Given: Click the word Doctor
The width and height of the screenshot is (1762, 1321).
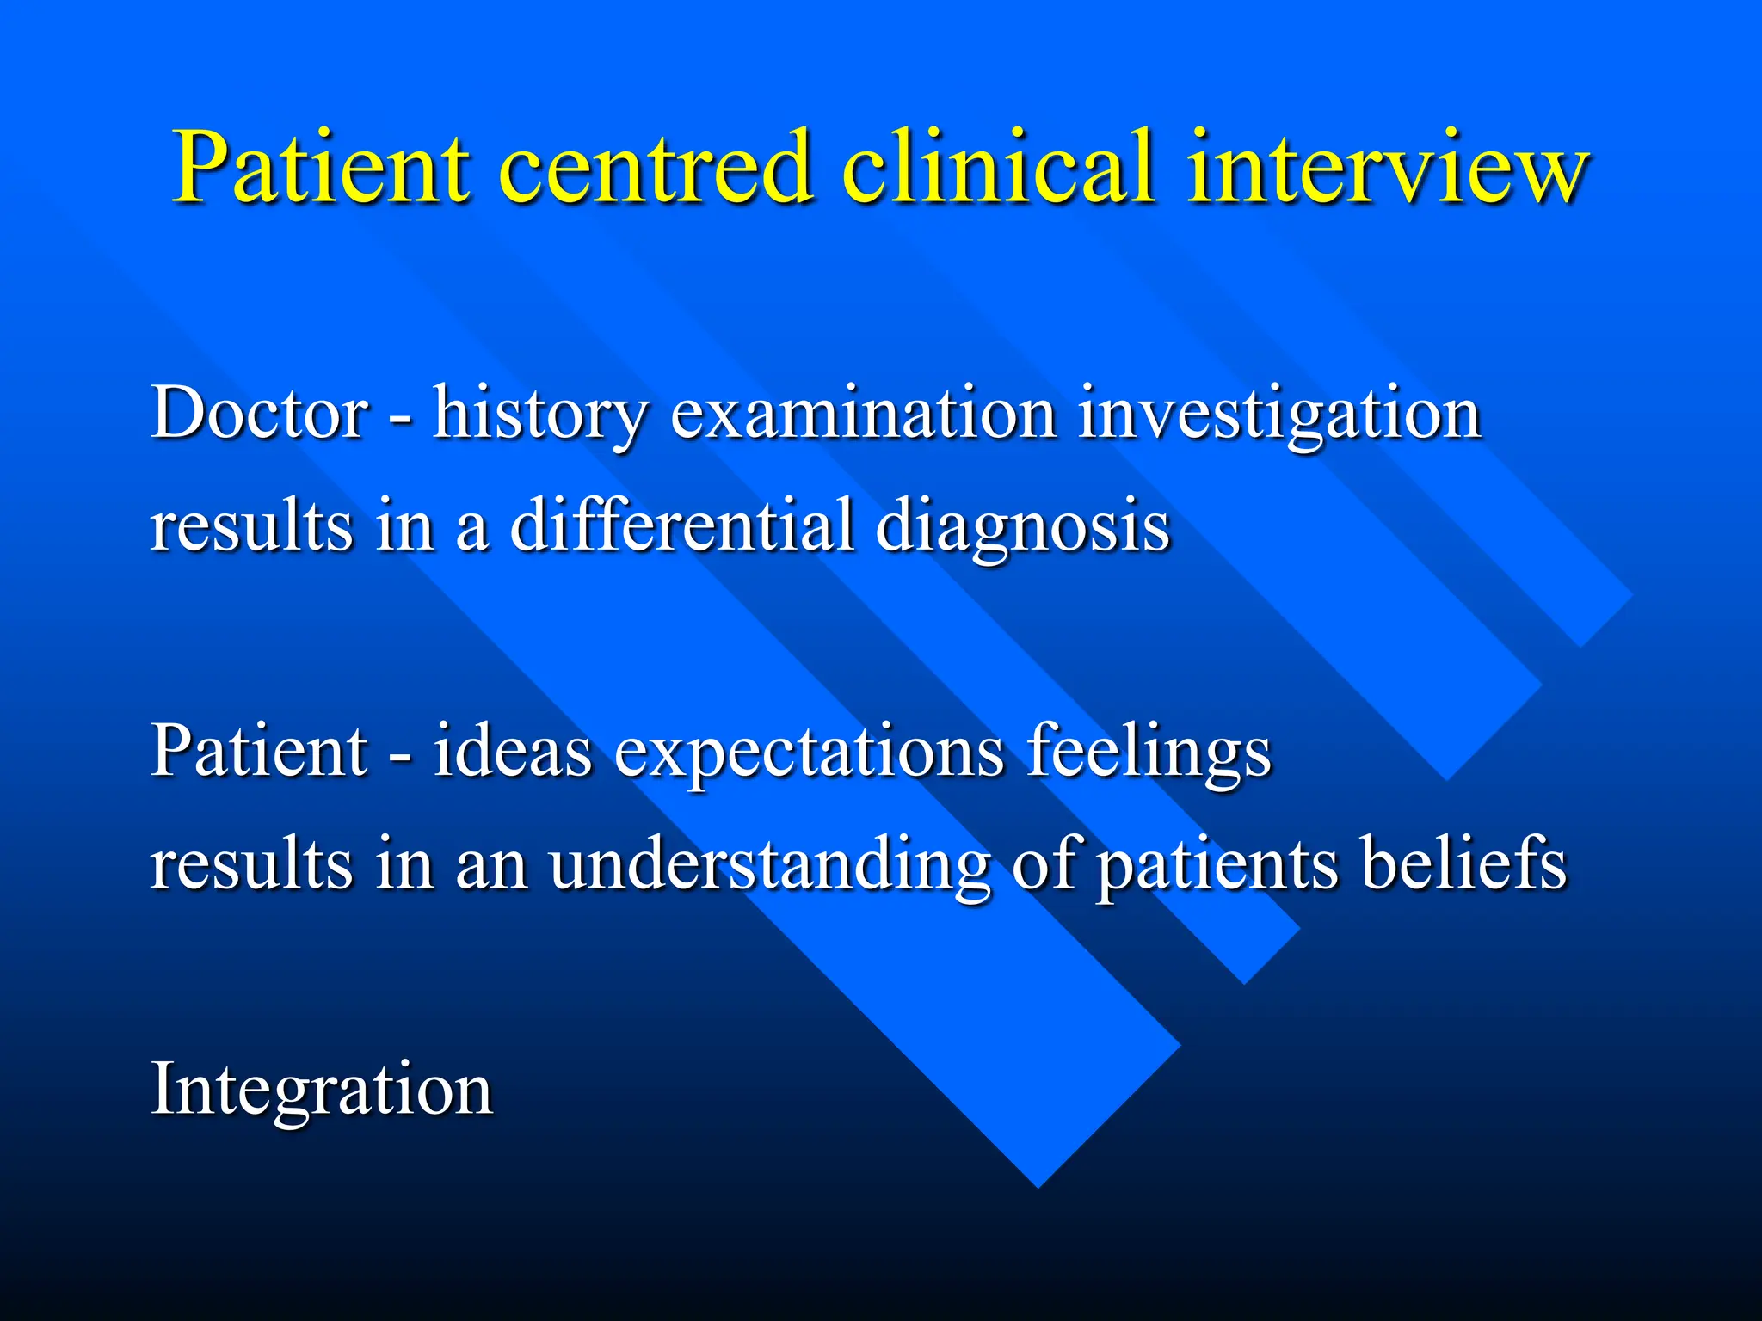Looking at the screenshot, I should pos(259,413).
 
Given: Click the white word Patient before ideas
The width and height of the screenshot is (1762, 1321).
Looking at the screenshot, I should pos(259,750).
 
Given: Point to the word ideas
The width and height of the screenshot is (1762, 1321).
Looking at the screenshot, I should pos(513,750).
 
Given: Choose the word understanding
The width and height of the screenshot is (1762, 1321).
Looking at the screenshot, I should pos(769,863).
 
